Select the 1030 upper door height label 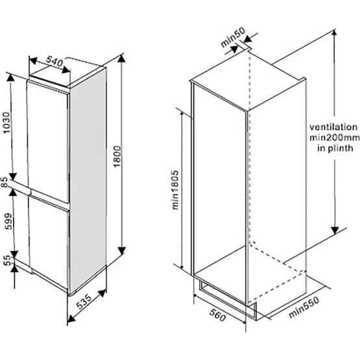click(x=7, y=122)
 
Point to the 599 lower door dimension click(x=9, y=221)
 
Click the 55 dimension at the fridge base click(x=8, y=261)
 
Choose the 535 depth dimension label click(x=84, y=302)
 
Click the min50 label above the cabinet click(x=233, y=37)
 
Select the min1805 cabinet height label click(x=175, y=190)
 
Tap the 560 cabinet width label click(x=218, y=315)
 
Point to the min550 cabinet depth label click(x=303, y=308)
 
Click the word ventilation click(x=333, y=127)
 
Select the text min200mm click(x=335, y=138)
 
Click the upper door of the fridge click(x=48, y=142)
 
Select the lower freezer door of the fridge click(x=49, y=241)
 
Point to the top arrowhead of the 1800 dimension click(x=122, y=58)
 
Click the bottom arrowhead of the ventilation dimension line click(x=335, y=230)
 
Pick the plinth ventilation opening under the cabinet click(x=228, y=299)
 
